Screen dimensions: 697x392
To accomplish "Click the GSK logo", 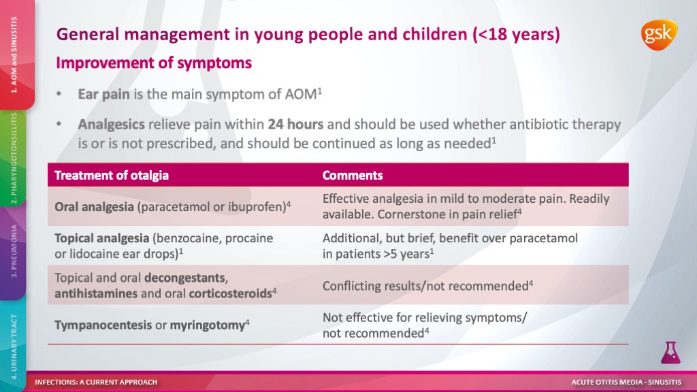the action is point(659,35).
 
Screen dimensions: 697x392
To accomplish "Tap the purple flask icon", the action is point(670,353).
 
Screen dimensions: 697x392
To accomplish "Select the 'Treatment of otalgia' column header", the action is point(112,175).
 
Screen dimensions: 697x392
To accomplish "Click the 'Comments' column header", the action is point(353,175).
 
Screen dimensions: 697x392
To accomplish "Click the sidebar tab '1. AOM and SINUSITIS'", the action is point(14,54).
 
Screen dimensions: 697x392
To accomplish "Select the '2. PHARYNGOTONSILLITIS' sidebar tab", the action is point(14,158).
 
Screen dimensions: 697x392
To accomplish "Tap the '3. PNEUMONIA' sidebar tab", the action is point(14,252).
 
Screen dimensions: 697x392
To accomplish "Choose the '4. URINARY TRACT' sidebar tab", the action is point(14,346).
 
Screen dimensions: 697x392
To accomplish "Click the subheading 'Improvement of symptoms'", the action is point(154,63).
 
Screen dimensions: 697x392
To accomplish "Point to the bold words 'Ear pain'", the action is point(103,95).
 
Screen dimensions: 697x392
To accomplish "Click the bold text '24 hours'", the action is point(295,125).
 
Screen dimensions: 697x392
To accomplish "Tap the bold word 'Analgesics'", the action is point(111,125).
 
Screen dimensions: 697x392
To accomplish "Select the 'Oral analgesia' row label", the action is point(94,207).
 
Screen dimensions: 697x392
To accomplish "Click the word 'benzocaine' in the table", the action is point(186,238).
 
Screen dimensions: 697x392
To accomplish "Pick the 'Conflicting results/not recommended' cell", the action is point(427,286).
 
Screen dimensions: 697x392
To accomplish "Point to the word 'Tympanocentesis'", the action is point(103,325).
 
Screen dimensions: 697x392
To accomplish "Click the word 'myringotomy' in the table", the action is point(208,325).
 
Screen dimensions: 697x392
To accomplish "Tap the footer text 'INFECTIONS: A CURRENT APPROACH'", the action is point(96,382).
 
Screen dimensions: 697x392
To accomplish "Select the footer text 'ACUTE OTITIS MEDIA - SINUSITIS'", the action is point(626,382).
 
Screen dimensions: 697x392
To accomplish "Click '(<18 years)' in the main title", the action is point(517,35).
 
